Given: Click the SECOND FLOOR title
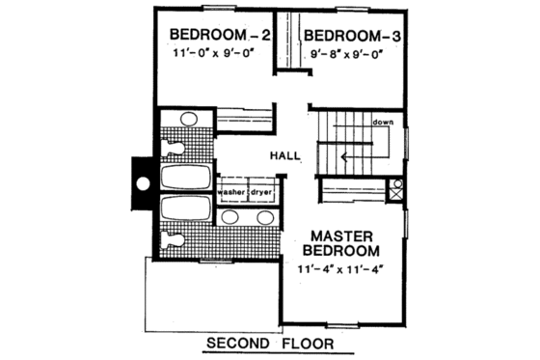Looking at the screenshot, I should [268, 342].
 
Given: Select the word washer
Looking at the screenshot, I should [231, 192].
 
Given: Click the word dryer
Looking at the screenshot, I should [263, 192].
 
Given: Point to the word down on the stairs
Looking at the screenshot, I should [381, 124].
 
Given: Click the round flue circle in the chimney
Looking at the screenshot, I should [143, 181].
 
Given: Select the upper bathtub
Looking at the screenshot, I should [185, 178].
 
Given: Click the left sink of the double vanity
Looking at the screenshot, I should [231, 217].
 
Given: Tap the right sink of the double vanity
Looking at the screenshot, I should [263, 217].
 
